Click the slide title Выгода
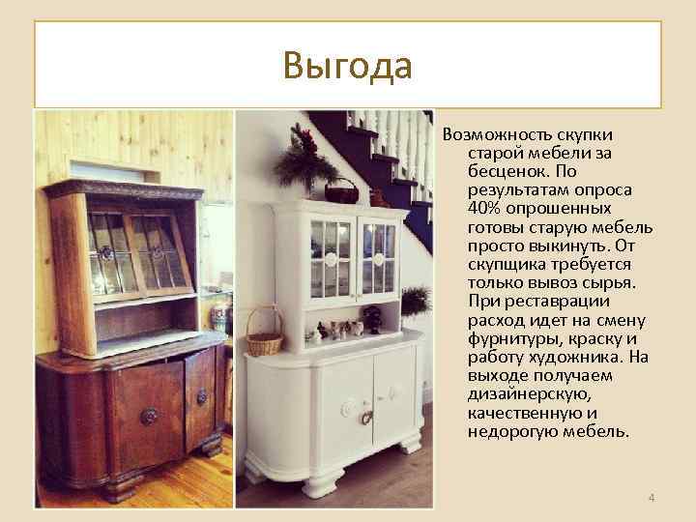pos(348,66)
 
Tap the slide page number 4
pos(651,498)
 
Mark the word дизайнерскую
pos(522,393)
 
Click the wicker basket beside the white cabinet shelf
pos(263,333)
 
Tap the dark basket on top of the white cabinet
pos(341,189)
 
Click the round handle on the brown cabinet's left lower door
pos(149,416)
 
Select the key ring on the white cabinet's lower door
pos(366,418)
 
